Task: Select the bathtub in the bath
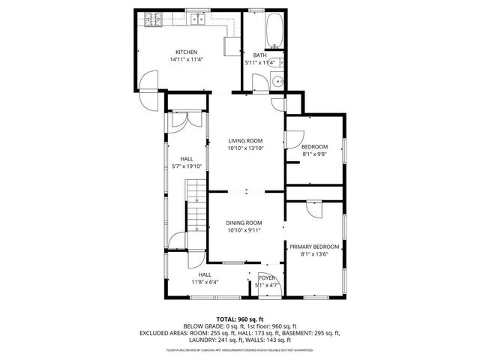click(x=274, y=29)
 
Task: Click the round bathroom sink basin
click(x=277, y=82)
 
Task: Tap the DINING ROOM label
click(x=244, y=223)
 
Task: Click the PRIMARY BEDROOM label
click(x=315, y=247)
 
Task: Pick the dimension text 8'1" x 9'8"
click(x=314, y=154)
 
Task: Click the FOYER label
click(x=268, y=278)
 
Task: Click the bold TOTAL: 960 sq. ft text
click(x=240, y=319)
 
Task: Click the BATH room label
click(x=259, y=55)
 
